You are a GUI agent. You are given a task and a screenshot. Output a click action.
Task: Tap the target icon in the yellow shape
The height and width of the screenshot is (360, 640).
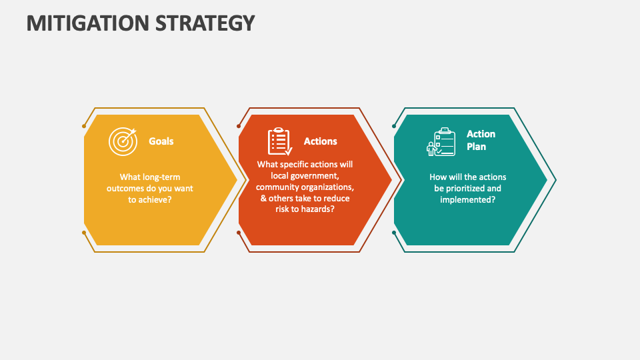coord(122,141)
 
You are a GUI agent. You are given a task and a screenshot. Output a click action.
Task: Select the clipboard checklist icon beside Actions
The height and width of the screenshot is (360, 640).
coord(279,141)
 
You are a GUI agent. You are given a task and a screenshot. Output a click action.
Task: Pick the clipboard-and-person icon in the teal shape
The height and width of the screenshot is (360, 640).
coord(441,142)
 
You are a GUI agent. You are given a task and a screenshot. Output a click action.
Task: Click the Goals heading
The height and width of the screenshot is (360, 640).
coord(161,141)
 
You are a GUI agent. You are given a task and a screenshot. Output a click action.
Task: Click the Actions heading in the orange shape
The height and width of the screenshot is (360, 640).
coord(320,141)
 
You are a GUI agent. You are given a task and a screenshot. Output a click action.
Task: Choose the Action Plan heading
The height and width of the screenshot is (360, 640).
coord(480,140)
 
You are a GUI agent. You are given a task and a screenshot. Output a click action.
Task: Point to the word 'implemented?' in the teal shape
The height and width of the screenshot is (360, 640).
coord(467,199)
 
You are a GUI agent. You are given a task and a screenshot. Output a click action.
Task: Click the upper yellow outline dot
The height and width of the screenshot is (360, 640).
coord(84,125)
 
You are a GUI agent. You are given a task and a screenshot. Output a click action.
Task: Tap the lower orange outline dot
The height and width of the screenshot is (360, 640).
coord(239,233)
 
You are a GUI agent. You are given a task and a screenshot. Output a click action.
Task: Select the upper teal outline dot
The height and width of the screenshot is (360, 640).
coord(394,125)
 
